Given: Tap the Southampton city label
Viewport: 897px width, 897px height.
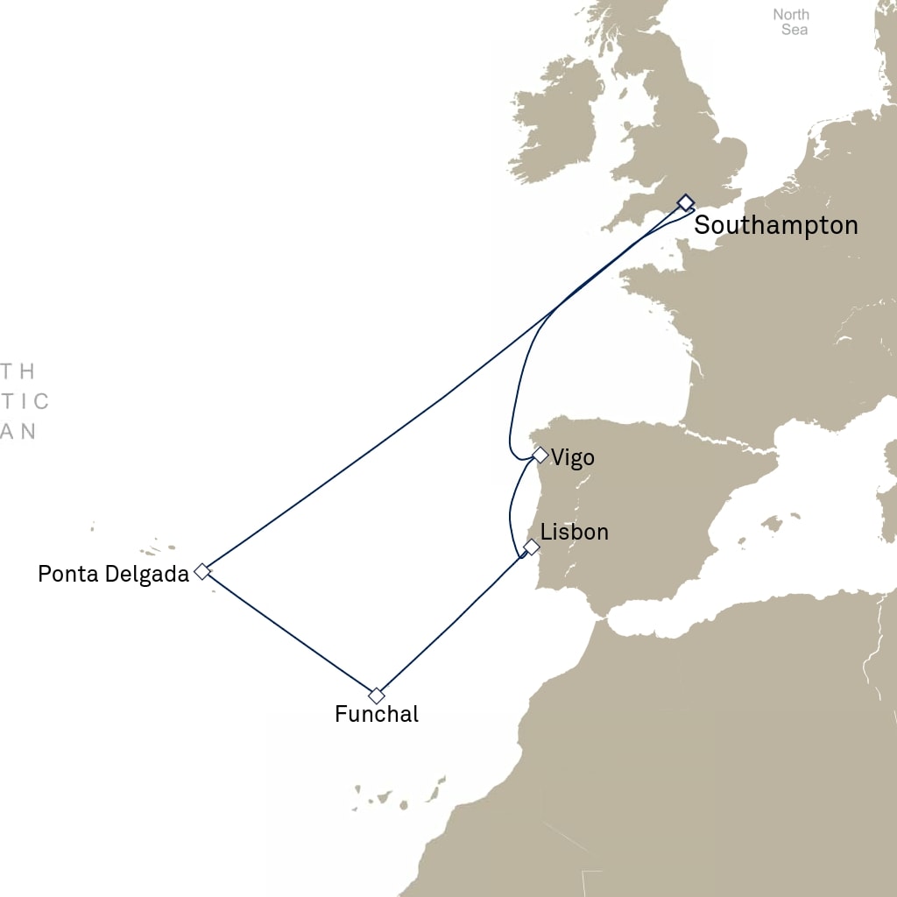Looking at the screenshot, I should coord(776,225).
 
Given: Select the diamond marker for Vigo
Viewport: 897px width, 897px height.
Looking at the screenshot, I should coord(540,456).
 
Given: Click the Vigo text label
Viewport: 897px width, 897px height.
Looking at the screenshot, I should coord(573,457).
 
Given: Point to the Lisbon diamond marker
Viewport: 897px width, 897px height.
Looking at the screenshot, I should coord(531,547).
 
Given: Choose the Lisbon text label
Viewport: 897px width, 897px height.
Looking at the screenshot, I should coord(574,532).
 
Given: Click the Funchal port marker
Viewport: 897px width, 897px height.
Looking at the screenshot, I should coord(377,696).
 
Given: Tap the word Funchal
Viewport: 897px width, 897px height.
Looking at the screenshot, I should coord(377,715).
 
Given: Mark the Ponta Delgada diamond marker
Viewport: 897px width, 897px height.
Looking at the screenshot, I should coord(202,571).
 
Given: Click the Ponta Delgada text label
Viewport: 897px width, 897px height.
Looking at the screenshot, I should coord(113,575).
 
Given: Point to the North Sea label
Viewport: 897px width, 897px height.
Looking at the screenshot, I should coord(791,22).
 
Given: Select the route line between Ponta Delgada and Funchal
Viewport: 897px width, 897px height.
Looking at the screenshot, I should coord(289,633).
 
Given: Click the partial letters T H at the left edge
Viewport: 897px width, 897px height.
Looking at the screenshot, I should coord(18,371).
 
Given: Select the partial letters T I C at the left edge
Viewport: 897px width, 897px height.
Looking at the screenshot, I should coord(25,402).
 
